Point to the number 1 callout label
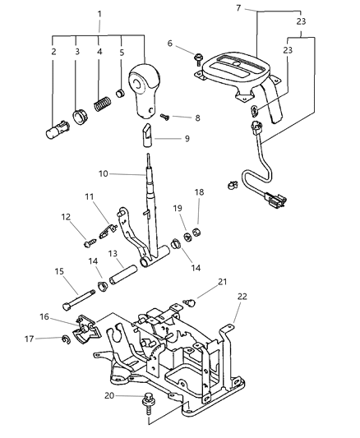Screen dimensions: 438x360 [99, 14]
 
